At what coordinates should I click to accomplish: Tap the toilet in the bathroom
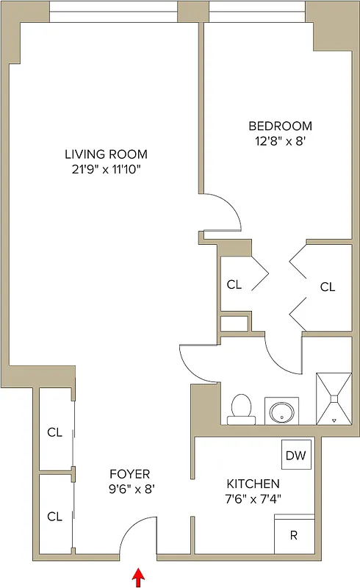tap(240, 409)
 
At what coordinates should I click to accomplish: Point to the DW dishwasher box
tap(297, 456)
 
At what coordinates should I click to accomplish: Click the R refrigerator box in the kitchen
tap(293, 535)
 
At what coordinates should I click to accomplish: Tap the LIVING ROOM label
tap(106, 154)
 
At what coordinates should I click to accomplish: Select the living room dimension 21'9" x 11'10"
tap(106, 170)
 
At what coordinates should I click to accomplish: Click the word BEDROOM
tap(280, 126)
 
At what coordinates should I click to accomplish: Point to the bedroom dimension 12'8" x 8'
tap(280, 141)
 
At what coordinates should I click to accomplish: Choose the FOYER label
tap(129, 473)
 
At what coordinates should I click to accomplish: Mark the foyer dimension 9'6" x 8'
tap(129, 487)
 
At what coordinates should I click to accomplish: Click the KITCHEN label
tap(252, 484)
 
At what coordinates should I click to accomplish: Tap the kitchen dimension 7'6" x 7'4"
tap(252, 498)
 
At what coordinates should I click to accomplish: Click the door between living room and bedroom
tap(222, 213)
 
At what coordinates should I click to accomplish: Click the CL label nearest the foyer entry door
tap(54, 516)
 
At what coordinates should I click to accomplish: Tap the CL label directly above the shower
tap(327, 287)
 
